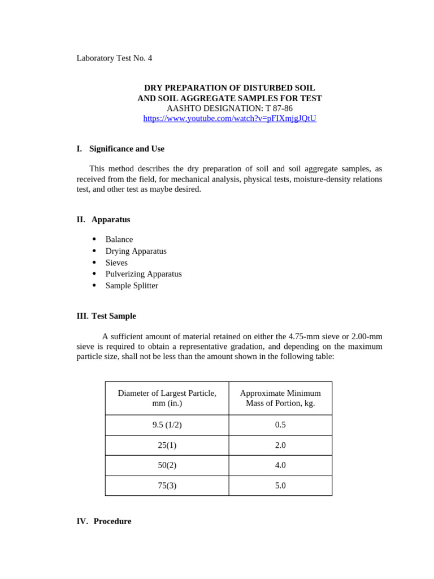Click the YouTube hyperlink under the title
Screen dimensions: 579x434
pyautogui.click(x=229, y=118)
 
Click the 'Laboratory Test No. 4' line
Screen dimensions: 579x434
pyautogui.click(x=114, y=58)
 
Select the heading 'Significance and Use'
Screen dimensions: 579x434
pyautogui.click(x=127, y=149)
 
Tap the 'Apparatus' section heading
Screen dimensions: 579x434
pyautogui.click(x=111, y=219)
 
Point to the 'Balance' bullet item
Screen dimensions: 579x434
pyautogui.click(x=119, y=239)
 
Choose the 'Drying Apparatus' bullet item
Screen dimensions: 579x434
pyautogui.click(x=136, y=251)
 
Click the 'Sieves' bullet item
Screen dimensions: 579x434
pyautogui.click(x=116, y=262)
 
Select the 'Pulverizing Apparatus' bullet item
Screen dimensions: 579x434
pyautogui.click(x=144, y=274)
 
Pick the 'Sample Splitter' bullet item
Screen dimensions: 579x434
pyautogui.click(x=132, y=286)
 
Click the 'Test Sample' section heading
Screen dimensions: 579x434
pyautogui.click(x=114, y=316)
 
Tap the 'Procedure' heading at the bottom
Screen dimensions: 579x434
pyautogui.click(x=112, y=521)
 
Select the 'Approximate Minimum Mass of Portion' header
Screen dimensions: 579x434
pyautogui.click(x=280, y=398)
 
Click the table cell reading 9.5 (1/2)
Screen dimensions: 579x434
pyautogui.click(x=167, y=425)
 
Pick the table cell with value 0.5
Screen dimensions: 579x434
pyautogui.click(x=280, y=425)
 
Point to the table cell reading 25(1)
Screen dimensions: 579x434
pyautogui.click(x=167, y=445)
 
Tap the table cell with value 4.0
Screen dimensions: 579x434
pyautogui.click(x=280, y=465)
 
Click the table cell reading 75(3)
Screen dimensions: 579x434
pyautogui.click(x=167, y=486)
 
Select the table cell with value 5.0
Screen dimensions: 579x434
pyautogui.click(x=280, y=486)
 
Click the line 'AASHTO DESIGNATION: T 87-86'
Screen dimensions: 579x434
pyautogui.click(x=229, y=108)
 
